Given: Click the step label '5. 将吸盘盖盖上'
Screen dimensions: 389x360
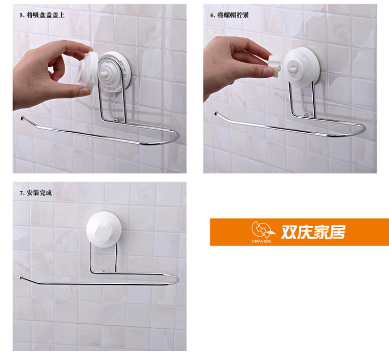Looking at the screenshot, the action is tap(42, 15).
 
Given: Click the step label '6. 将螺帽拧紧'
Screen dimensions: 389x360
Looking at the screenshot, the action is tap(229, 15).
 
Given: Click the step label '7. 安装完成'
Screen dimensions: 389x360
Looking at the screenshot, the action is tap(36, 193).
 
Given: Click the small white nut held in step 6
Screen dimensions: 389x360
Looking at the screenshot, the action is tap(274, 66).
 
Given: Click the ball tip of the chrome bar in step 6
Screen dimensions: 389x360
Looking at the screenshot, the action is tap(216, 113).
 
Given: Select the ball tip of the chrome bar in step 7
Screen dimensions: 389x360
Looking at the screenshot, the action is tap(21, 277).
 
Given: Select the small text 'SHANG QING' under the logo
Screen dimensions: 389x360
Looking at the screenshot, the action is tap(261, 241).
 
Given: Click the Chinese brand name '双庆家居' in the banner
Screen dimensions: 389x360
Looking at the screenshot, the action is tap(313, 232).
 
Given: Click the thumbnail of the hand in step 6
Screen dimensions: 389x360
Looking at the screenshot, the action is tap(268, 72).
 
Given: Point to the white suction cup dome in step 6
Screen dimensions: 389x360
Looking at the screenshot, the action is tap(302, 68).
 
